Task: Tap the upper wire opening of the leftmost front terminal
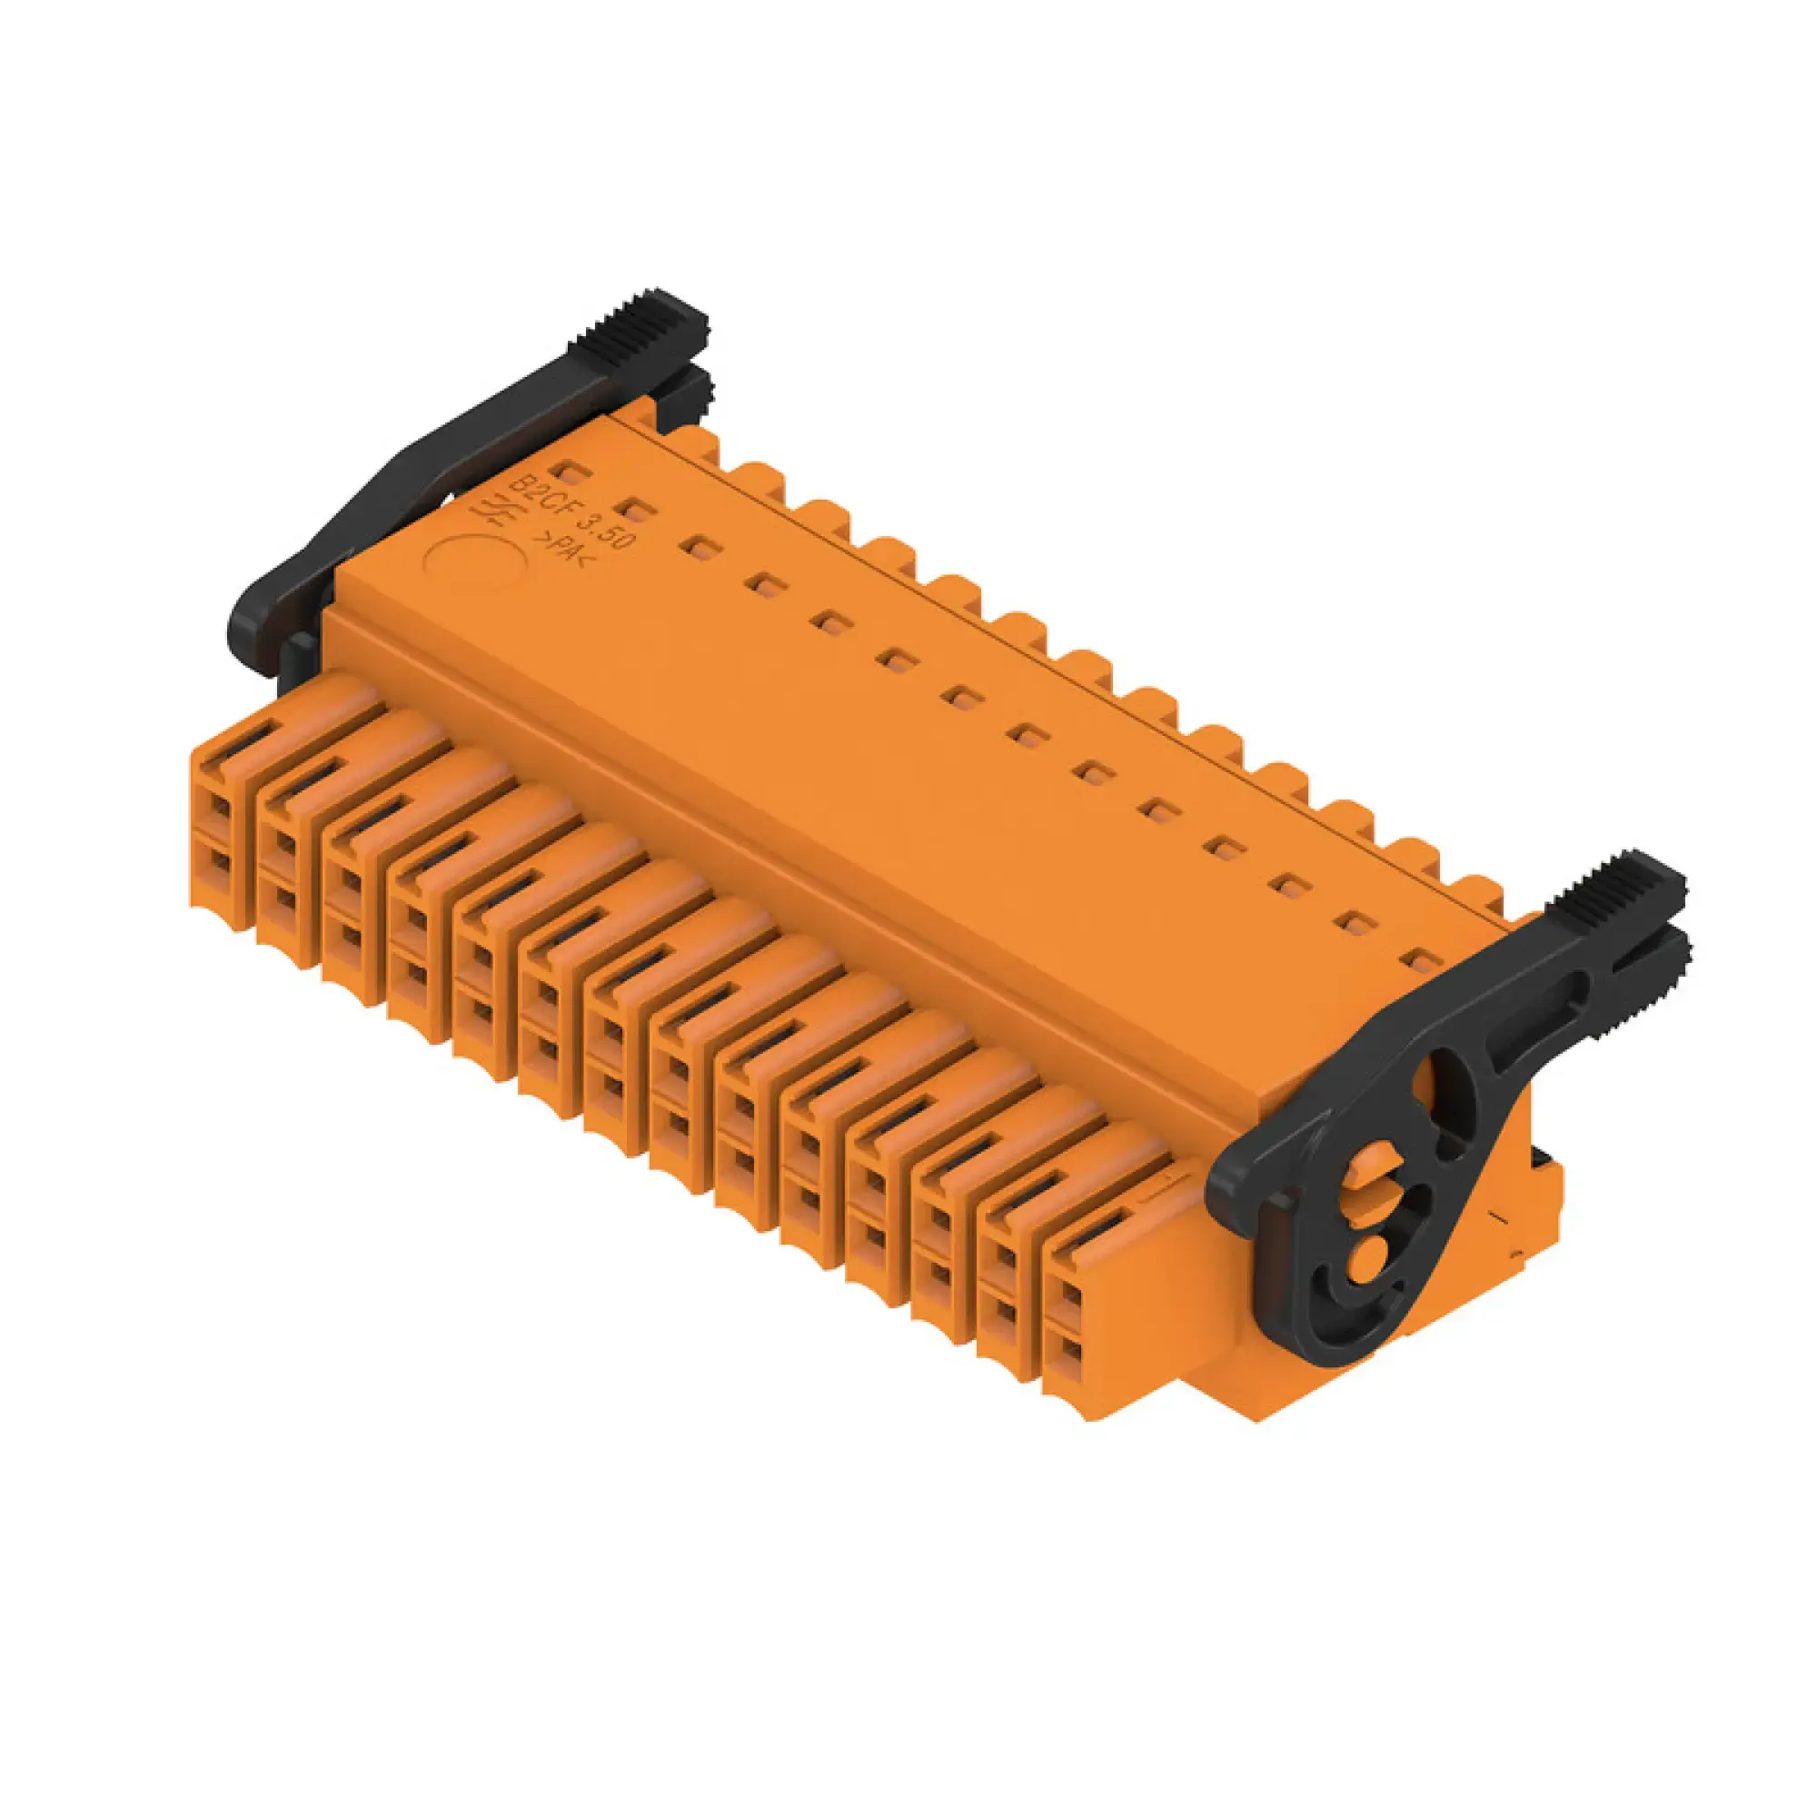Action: (219, 806)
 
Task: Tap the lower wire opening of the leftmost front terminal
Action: (219, 863)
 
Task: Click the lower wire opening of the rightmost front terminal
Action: (1070, 1355)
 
